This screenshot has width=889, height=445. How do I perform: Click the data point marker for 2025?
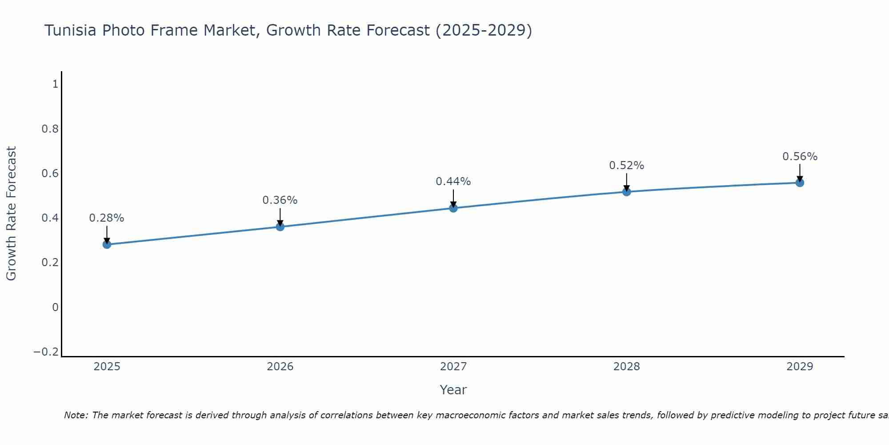click(x=107, y=244)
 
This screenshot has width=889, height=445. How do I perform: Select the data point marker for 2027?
click(x=453, y=208)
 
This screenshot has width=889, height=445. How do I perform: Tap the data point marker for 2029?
click(x=800, y=182)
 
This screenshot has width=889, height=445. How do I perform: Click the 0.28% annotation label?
click(x=107, y=218)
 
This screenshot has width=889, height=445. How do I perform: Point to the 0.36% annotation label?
click(x=280, y=200)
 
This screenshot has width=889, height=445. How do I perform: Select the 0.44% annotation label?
click(x=453, y=182)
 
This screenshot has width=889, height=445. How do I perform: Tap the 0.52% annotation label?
click(x=626, y=166)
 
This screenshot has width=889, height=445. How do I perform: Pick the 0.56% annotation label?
click(x=800, y=157)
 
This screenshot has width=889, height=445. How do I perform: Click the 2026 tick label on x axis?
click(x=280, y=367)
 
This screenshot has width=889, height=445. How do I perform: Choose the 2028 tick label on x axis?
click(x=626, y=367)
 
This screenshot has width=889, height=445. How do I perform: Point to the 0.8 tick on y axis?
click(x=50, y=129)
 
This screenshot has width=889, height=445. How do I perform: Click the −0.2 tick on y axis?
click(x=46, y=352)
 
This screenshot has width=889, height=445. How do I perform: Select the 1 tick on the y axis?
click(x=55, y=84)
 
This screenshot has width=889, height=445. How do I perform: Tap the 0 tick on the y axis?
click(x=55, y=307)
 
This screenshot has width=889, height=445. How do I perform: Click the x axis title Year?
click(x=453, y=390)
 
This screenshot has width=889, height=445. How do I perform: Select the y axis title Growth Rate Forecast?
click(x=11, y=214)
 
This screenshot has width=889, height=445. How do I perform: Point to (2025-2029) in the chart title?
click(x=484, y=30)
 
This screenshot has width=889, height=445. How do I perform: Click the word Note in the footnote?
click(x=76, y=415)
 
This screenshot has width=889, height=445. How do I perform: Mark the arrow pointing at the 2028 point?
click(x=626, y=182)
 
